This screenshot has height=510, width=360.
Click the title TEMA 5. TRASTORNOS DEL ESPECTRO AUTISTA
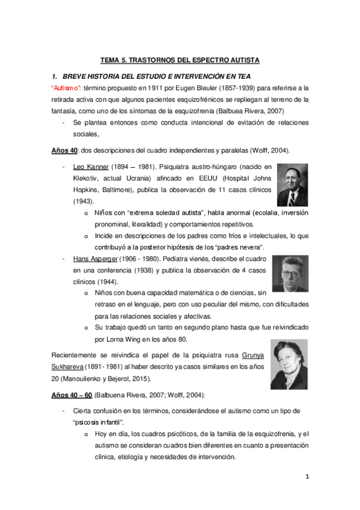click(179, 60)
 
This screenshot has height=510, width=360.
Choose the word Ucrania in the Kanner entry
click(139, 177)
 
